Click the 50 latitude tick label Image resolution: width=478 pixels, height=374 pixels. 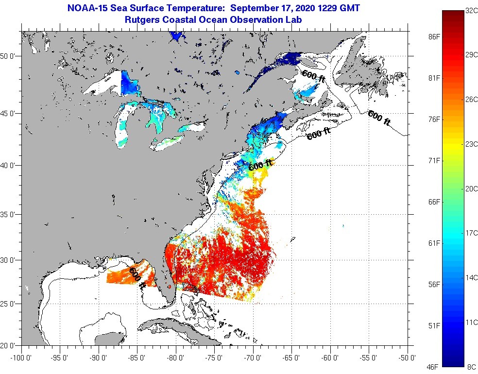pos(9,56)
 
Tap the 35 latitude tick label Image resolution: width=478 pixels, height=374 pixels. pos(9,214)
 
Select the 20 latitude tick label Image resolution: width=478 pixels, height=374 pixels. pos(9,345)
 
